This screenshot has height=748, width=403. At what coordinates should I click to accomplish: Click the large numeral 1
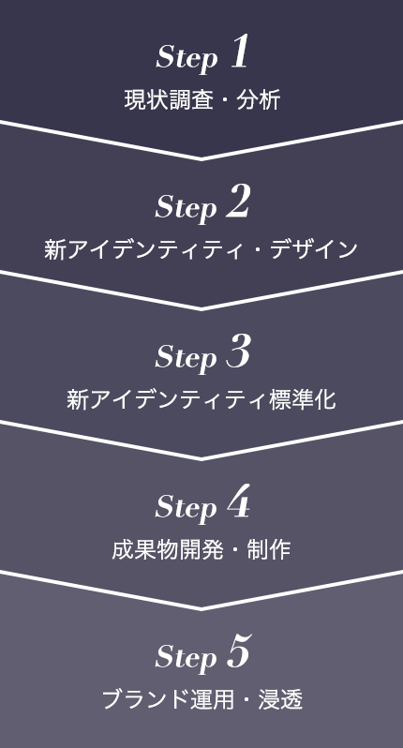pyautogui.click(x=240, y=52)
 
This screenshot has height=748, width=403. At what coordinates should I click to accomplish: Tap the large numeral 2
pyautogui.click(x=238, y=202)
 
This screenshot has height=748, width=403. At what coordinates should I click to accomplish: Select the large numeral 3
pyautogui.click(x=238, y=352)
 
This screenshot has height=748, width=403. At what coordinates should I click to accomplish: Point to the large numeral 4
pyautogui.click(x=238, y=501)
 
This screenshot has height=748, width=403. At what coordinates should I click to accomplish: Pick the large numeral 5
pyautogui.click(x=238, y=651)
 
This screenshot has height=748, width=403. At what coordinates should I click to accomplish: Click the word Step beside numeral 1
pyautogui.click(x=187, y=59)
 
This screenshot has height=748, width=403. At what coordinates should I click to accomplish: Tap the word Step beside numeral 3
pyautogui.click(x=186, y=359)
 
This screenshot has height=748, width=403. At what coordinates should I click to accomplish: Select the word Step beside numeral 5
pyautogui.click(x=186, y=658)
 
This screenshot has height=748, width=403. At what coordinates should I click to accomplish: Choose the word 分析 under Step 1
pyautogui.click(x=258, y=100)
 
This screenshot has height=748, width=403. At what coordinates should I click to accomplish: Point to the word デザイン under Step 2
pyautogui.click(x=314, y=250)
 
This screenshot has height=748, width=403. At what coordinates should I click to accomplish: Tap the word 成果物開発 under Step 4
pyautogui.click(x=168, y=549)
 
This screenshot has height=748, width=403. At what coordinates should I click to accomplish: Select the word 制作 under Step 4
pyautogui.click(x=269, y=549)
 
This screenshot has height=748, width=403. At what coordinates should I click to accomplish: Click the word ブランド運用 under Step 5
pyautogui.click(x=168, y=699)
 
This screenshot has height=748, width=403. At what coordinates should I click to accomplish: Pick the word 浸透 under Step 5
pyautogui.click(x=280, y=699)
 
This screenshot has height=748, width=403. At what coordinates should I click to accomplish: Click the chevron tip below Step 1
pyautogui.click(x=201, y=158)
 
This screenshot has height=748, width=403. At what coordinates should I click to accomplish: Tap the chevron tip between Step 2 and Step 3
pyautogui.click(x=201, y=309)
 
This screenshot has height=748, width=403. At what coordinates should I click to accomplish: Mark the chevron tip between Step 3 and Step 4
pyautogui.click(x=201, y=459)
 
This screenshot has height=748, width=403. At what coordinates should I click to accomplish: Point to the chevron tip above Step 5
pyautogui.click(x=201, y=608)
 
